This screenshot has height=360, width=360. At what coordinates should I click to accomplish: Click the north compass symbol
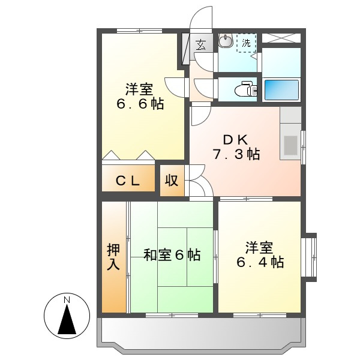click(67, 318)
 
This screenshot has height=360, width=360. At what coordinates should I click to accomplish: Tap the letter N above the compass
click(67, 299)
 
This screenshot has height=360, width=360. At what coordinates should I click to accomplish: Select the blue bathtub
click(281, 90)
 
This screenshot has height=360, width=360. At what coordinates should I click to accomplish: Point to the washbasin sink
click(226, 41)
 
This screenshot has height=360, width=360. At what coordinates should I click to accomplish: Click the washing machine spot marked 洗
click(246, 43)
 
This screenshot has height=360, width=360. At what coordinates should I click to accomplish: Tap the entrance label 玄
click(200, 44)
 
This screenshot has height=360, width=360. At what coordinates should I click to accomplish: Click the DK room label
click(235, 139)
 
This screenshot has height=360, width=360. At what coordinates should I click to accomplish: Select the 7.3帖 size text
click(235, 154)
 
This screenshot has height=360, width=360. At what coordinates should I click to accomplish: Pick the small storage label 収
click(172, 180)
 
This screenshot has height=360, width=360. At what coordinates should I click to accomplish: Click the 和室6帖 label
click(172, 255)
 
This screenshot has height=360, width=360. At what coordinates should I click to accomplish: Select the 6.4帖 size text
click(259, 262)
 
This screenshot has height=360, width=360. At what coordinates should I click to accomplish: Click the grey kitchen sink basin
click(290, 146)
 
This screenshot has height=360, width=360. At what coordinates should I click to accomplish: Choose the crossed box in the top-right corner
click(281, 37)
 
